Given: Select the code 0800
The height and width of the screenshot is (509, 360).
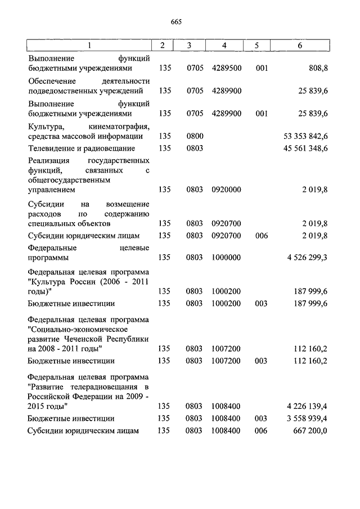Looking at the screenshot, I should pyautogui.click(x=195, y=136).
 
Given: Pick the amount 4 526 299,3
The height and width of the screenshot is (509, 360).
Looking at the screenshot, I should pyautogui.click(x=307, y=258).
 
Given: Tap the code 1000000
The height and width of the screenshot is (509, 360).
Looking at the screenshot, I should pyautogui.click(x=227, y=258).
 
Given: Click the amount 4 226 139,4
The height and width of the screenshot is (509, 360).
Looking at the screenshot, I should pyautogui.click(x=307, y=406).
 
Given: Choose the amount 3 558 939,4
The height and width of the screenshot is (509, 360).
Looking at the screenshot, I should pyautogui.click(x=307, y=418).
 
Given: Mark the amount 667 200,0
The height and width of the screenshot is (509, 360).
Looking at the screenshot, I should pyautogui.click(x=311, y=431).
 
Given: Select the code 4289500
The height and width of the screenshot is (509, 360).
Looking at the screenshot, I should pyautogui.click(x=227, y=68).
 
